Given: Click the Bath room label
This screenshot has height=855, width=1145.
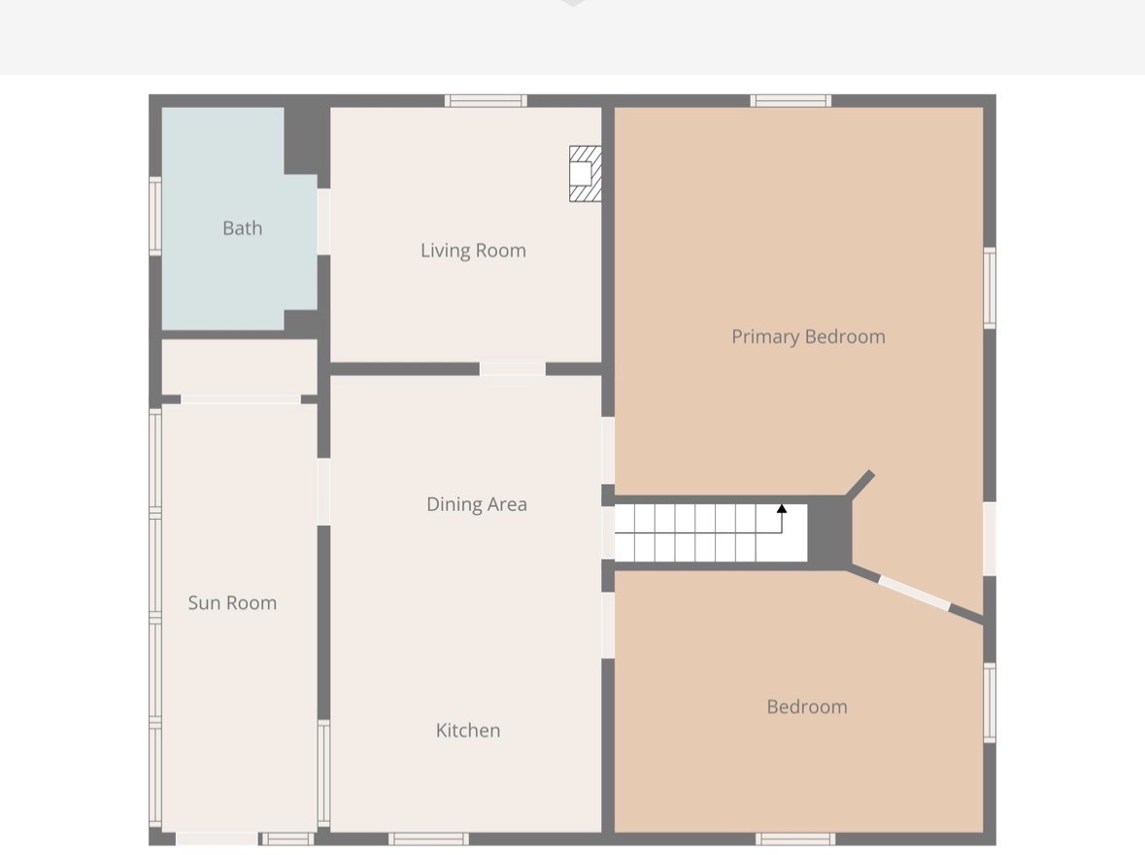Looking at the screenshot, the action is click(x=243, y=228).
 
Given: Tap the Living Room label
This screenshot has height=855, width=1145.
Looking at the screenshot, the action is click(x=473, y=251).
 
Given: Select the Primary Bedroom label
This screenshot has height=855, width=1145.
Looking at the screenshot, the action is click(x=808, y=337).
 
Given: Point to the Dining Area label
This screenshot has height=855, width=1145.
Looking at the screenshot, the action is click(x=477, y=504).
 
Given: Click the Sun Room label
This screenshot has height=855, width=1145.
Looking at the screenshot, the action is click(x=232, y=603).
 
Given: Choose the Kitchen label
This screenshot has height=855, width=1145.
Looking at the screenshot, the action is click(x=468, y=730).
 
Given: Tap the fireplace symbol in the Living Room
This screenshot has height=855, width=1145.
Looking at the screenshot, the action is click(x=586, y=173).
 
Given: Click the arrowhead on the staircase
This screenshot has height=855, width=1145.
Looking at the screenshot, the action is click(x=782, y=508).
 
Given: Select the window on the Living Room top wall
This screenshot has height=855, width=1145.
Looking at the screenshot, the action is click(x=486, y=101).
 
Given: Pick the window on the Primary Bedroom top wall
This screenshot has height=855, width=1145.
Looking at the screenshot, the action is click(x=791, y=101).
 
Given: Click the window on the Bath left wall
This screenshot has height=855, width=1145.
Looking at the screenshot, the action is click(x=154, y=217).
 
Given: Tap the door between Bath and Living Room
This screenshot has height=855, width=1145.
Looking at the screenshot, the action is click(x=323, y=222).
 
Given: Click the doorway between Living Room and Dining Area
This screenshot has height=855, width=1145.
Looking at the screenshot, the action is click(x=513, y=369).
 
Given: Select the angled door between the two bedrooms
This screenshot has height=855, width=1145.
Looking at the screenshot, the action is click(x=914, y=593).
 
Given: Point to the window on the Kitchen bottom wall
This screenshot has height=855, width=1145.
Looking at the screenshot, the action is click(x=428, y=838).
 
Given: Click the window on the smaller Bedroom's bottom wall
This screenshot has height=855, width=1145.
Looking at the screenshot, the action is click(x=795, y=838).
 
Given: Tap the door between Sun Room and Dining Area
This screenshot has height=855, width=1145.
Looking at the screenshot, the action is click(x=323, y=492).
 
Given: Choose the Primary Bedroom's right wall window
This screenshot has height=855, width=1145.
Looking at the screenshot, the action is click(x=990, y=288).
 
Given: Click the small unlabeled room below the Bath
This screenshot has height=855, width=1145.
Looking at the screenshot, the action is click(x=240, y=367).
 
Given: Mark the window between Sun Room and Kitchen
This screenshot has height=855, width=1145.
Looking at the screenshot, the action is click(x=323, y=773).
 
